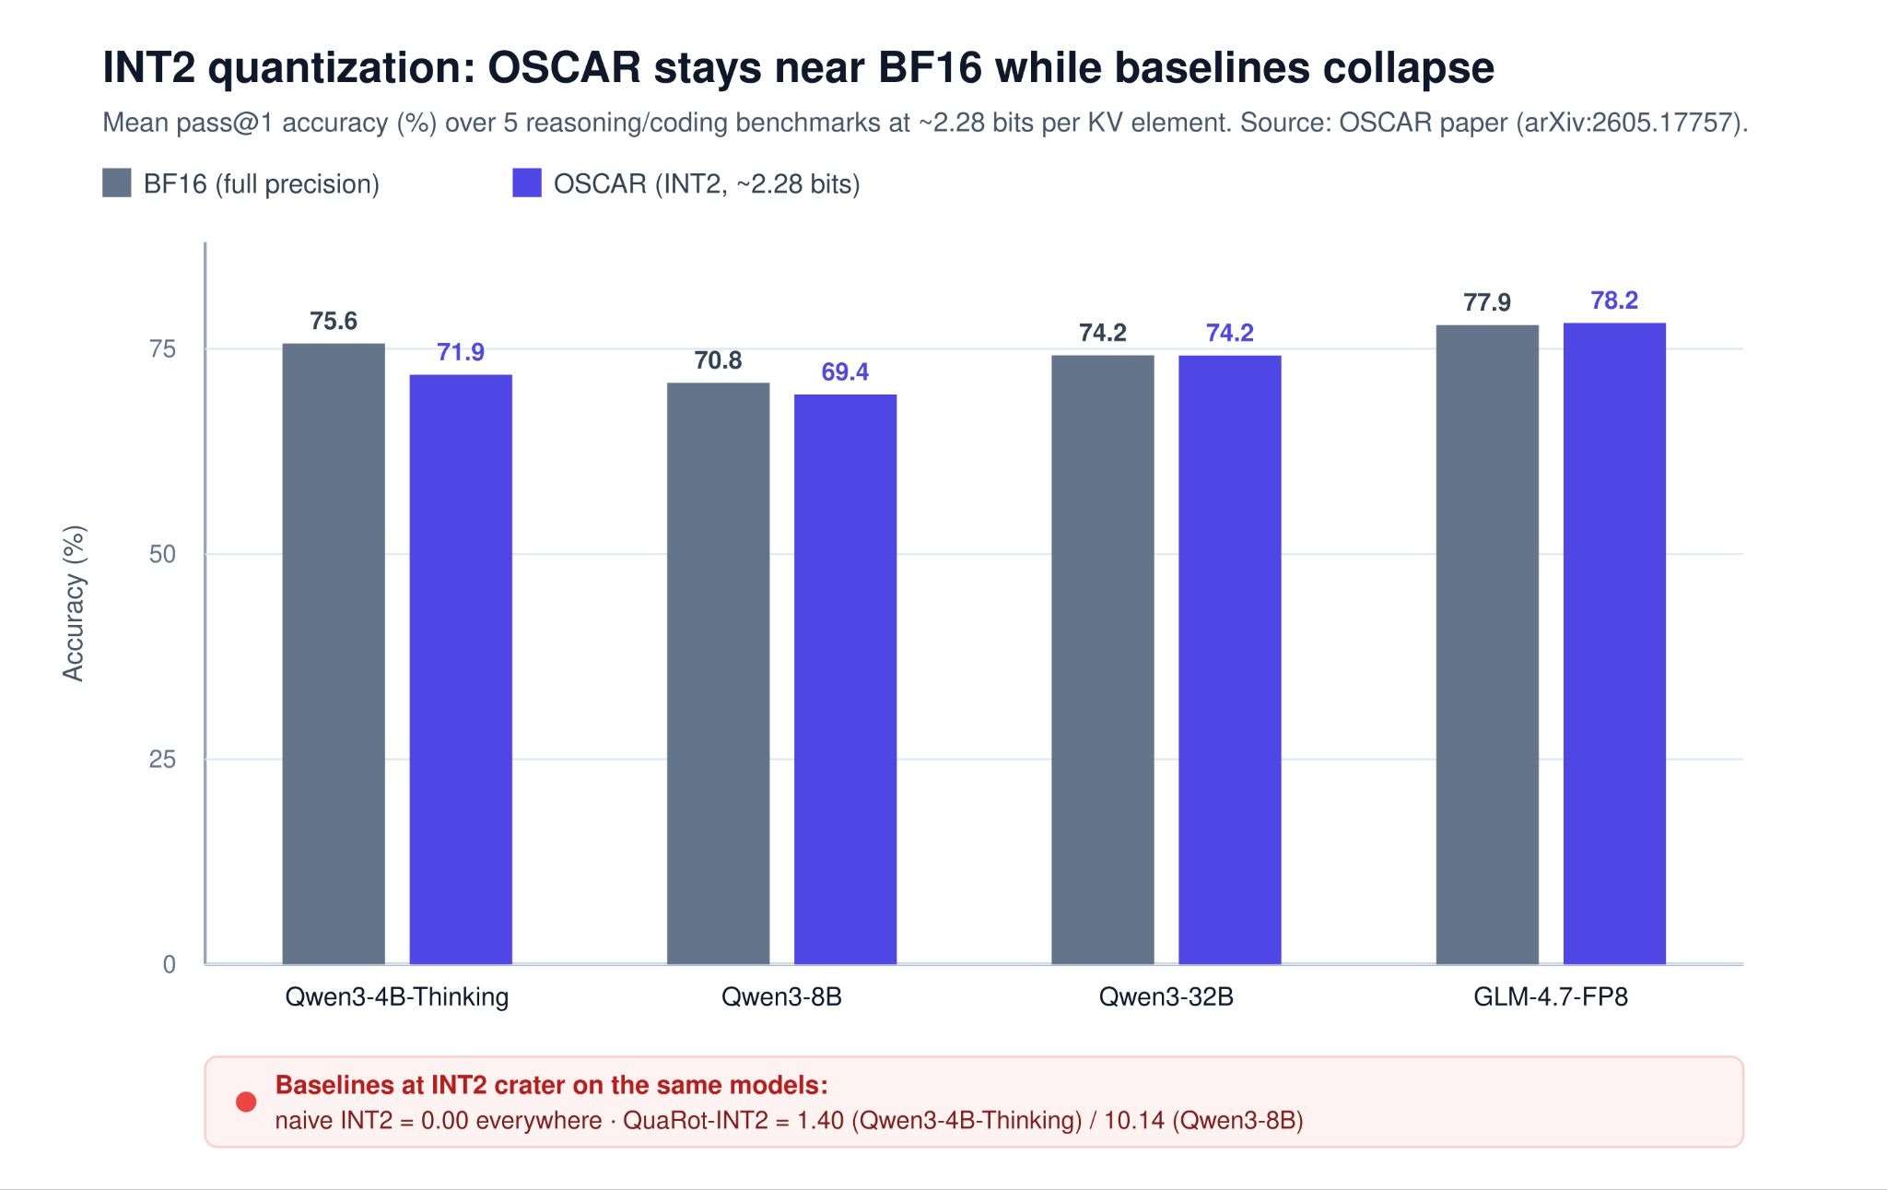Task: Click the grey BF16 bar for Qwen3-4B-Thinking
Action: [334, 654]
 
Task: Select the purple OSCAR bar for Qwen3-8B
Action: [845, 679]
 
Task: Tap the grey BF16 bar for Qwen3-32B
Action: [1103, 660]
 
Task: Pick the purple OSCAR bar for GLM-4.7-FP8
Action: [1614, 643]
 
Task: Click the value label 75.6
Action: [334, 321]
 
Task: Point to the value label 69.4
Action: [845, 371]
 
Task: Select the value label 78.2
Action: [1614, 300]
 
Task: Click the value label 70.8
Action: [718, 360]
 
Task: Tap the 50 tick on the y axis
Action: [162, 554]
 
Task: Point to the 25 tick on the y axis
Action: [162, 760]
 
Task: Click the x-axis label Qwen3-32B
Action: [1166, 996]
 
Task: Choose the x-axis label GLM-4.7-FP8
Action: [1551, 996]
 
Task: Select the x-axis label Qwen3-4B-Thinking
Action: [397, 997]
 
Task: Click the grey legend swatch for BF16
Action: [117, 183]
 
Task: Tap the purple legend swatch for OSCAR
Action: [527, 183]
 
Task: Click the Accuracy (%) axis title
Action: [73, 603]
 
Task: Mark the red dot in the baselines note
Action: [246, 1102]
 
